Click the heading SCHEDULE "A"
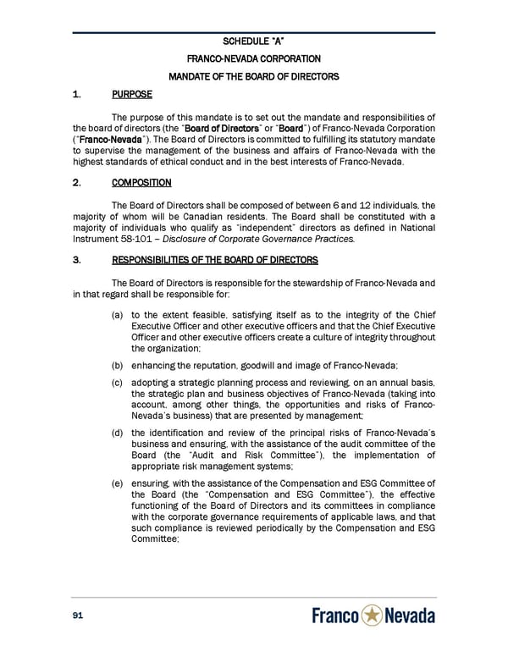254,41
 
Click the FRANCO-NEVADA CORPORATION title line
254,58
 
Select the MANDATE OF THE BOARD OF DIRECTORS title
254,77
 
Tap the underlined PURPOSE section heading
130,97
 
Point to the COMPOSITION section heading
141,182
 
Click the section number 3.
76,259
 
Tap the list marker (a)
117,316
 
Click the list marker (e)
117,483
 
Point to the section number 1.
76,97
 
